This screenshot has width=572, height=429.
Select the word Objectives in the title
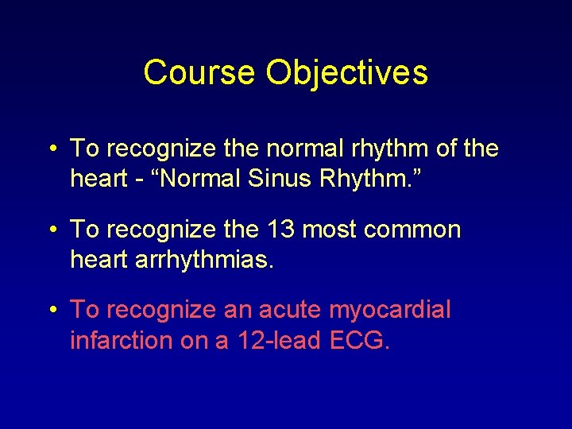[x=347, y=72]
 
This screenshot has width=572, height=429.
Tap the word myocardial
[x=389, y=309]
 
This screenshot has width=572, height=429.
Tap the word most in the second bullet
[x=328, y=230]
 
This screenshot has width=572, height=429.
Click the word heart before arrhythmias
[x=99, y=260]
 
